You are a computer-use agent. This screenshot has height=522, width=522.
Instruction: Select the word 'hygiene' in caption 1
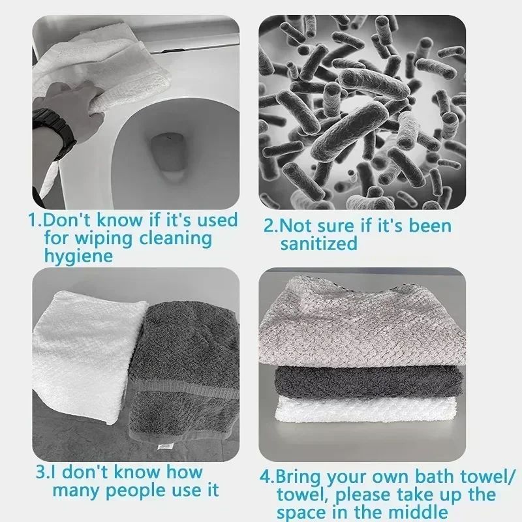click(x=78, y=256)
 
